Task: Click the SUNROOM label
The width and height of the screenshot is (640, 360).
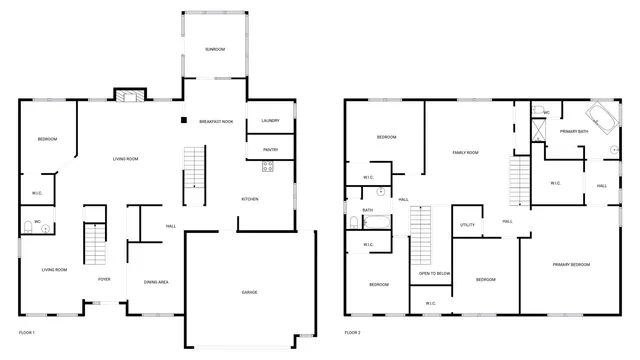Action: (x=214, y=49)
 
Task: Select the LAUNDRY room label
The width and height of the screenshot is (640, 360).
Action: (x=270, y=121)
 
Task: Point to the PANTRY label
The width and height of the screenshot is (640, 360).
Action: (x=270, y=150)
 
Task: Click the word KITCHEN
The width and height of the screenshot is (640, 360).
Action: (x=250, y=199)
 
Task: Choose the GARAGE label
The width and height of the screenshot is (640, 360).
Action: (x=249, y=291)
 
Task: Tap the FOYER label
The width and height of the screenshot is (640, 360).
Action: (x=104, y=279)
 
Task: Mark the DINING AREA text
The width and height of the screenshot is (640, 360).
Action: (x=155, y=282)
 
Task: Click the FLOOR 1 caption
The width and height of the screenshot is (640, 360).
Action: (x=27, y=332)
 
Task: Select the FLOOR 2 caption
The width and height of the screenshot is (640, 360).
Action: (x=353, y=332)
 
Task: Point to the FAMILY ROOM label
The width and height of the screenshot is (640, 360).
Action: (x=466, y=152)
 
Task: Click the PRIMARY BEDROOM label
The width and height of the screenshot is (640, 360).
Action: (x=571, y=264)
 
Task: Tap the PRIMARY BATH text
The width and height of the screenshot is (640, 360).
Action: (x=574, y=131)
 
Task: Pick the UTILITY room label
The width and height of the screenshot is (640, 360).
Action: (x=467, y=225)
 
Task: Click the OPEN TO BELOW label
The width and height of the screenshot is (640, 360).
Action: (x=434, y=273)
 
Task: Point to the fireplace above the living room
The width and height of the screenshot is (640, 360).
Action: (x=126, y=96)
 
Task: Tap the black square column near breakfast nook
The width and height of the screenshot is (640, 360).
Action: (x=183, y=122)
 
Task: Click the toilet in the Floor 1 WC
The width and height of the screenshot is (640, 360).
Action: (x=45, y=228)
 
